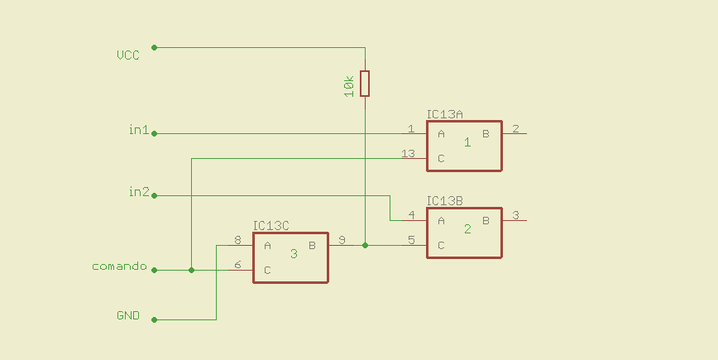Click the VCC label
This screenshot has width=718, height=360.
(x=128, y=55)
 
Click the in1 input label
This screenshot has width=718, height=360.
(x=138, y=129)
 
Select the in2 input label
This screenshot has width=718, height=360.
(x=138, y=192)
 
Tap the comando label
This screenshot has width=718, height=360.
(x=119, y=266)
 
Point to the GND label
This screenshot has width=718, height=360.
(x=128, y=316)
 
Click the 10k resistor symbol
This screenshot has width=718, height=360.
(x=365, y=84)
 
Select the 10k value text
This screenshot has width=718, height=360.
(x=349, y=85)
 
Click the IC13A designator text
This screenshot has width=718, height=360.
(x=445, y=114)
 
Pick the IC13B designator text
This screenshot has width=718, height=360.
(x=445, y=201)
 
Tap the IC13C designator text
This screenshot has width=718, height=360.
(x=271, y=226)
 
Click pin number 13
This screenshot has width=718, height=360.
(x=408, y=154)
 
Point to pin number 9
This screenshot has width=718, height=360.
(x=342, y=241)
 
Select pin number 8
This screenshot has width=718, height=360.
(x=237, y=241)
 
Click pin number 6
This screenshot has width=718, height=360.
(x=237, y=265)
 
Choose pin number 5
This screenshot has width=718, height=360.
(x=411, y=241)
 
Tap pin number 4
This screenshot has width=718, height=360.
(x=411, y=216)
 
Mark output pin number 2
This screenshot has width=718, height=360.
(x=515, y=128)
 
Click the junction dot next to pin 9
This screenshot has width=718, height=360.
(x=365, y=245)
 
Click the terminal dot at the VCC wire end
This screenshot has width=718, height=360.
(x=154, y=48)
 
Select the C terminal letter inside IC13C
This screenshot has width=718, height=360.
(x=267, y=270)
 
